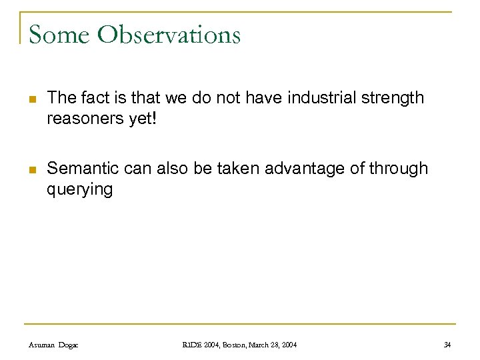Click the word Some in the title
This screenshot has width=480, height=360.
coord(59,34)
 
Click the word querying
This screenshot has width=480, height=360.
coord(80,189)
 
